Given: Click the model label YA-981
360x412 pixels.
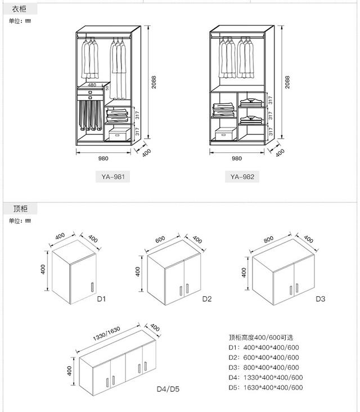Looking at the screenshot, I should pyautogui.click(x=113, y=176).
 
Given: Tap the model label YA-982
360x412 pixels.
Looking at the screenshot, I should pyautogui.click(x=242, y=176).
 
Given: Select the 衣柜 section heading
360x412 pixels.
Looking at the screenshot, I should pyautogui.click(x=20, y=9).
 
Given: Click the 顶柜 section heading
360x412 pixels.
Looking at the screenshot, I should pyautogui.click(x=20, y=209).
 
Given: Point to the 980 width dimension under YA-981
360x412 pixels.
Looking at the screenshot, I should pyautogui.click(x=103, y=159).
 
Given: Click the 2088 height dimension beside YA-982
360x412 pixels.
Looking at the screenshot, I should pyautogui.click(x=287, y=83).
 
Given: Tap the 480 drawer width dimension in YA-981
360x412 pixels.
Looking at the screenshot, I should pyautogui.click(x=92, y=85).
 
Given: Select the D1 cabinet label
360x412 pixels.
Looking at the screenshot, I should pyautogui.click(x=101, y=299).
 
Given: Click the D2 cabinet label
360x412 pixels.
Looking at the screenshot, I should pyautogui.click(x=207, y=299).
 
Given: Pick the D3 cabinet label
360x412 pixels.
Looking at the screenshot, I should pyautogui.click(x=320, y=299).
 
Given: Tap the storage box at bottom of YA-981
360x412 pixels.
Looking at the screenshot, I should pyautogui.click(x=119, y=133).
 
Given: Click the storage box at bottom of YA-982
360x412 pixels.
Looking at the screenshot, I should pyautogui.click(x=225, y=133).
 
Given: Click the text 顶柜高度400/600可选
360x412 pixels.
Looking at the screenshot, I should pyautogui.click(x=261, y=338).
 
